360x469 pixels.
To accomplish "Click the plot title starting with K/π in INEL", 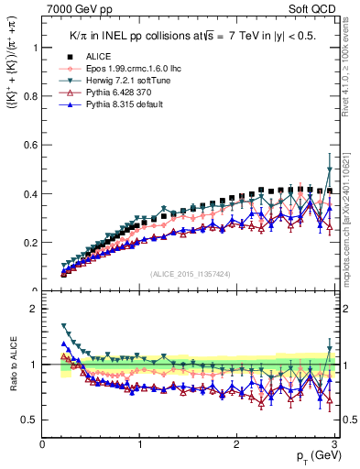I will [197, 33].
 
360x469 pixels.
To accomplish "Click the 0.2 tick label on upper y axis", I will [27, 243].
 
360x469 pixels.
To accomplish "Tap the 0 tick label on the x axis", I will [43, 444].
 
